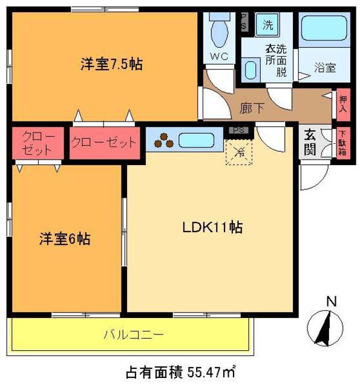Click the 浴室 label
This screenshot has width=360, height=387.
pyautogui.click(x=325, y=68)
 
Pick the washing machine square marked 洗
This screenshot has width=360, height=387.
pyautogui.click(x=267, y=25)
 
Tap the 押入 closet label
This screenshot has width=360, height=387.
pyautogui.click(x=343, y=104)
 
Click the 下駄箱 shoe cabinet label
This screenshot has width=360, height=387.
pyautogui.click(x=342, y=143)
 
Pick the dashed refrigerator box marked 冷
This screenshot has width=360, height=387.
pyautogui.click(x=239, y=151)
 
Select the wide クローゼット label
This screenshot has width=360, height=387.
pyautogui.click(x=103, y=143)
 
